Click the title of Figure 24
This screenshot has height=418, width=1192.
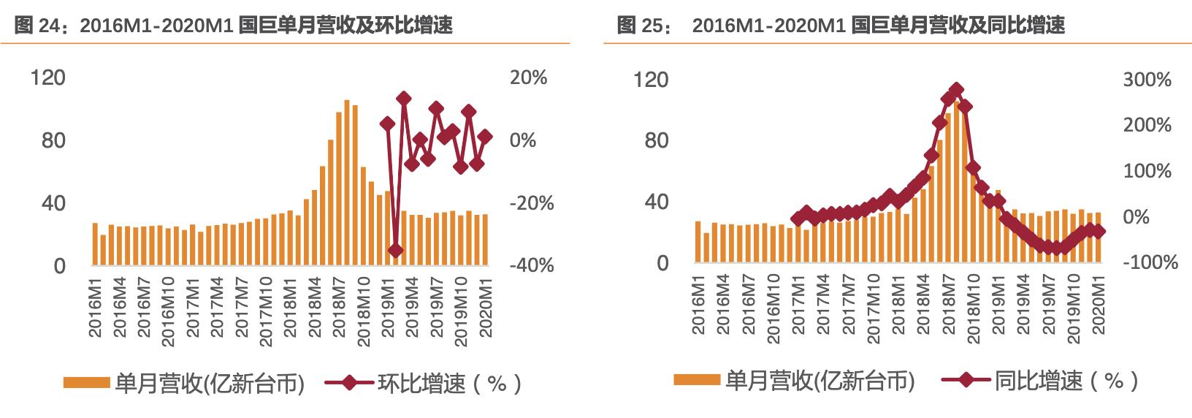tap(234, 26)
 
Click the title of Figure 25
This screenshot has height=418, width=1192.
tap(841, 26)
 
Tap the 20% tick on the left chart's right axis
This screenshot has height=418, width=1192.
tap(528, 77)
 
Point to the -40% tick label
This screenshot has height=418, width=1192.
tap(531, 265)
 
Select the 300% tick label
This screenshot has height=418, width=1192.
tap(1147, 80)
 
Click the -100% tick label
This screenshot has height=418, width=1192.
tap(1150, 262)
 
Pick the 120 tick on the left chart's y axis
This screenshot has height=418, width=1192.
tap(47, 77)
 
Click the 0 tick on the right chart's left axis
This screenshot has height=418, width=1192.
tap(662, 263)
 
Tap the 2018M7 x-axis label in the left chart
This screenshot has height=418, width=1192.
tap(339, 307)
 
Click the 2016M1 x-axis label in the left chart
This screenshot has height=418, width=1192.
tap(95, 307)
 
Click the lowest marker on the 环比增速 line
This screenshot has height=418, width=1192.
tap(396, 251)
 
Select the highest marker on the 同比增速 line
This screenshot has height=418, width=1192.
tap(956, 89)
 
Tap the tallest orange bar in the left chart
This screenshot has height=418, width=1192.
tap(347, 183)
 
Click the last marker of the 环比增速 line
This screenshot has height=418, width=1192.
tap(485, 137)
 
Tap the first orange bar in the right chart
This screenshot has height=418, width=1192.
tap(698, 242)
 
